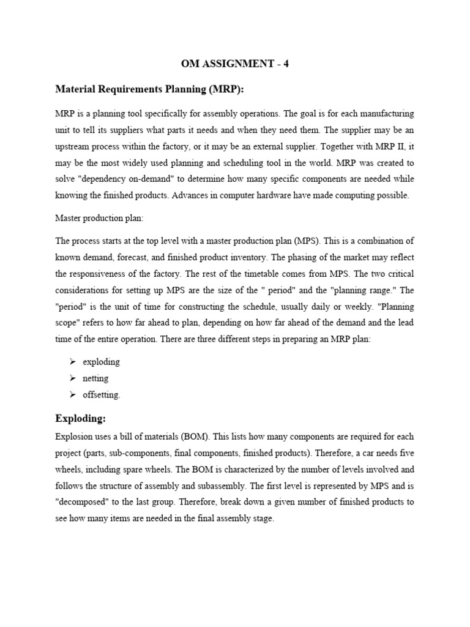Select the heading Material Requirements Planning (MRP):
tap(149, 89)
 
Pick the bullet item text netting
tap(95, 378)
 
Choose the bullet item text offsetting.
tap(102, 395)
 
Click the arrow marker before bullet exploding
tap(72, 362)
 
